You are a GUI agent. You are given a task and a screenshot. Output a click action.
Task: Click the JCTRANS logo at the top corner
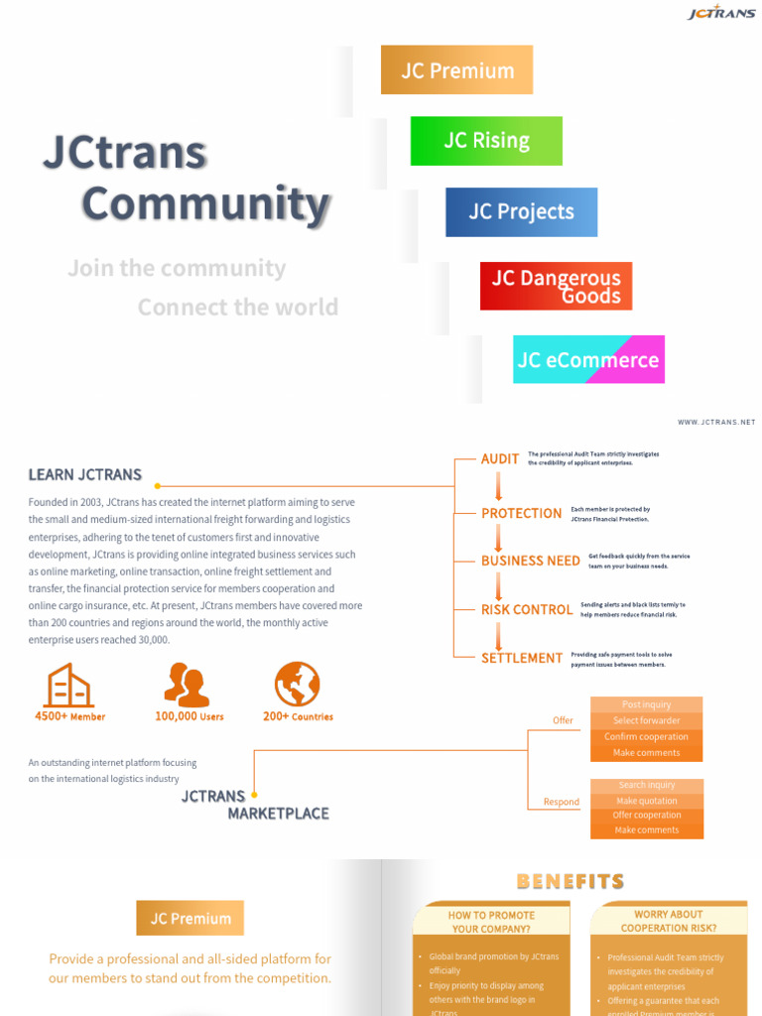(x=721, y=13)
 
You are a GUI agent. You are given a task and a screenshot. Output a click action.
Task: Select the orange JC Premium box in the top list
(x=456, y=70)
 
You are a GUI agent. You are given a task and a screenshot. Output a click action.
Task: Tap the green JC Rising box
(x=486, y=141)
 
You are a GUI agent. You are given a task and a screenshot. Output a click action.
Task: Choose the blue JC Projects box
(x=521, y=211)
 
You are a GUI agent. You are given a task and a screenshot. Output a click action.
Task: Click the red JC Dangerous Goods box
(x=556, y=287)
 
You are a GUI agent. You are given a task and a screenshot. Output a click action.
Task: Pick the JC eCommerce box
(x=588, y=360)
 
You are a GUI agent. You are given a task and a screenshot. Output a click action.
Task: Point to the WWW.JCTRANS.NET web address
(x=716, y=423)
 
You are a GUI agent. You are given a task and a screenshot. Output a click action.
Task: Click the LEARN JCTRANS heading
(x=85, y=475)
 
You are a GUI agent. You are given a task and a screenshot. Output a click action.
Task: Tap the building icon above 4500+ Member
(x=68, y=686)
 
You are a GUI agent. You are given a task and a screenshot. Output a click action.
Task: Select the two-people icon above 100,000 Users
(x=187, y=685)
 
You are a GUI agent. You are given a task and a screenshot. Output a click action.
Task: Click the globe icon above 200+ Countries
(x=297, y=684)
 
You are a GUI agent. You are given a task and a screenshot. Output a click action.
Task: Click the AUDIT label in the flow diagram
(x=500, y=459)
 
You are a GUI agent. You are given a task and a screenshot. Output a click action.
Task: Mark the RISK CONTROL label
(x=526, y=610)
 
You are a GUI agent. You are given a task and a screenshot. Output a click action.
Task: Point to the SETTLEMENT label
(x=522, y=659)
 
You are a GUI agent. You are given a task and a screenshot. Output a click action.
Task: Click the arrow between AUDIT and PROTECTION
(x=499, y=486)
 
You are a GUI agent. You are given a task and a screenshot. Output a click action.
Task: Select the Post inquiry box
(x=646, y=704)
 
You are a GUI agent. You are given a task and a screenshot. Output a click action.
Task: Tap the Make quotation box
(x=646, y=801)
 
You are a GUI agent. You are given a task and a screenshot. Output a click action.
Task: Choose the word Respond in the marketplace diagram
(x=562, y=802)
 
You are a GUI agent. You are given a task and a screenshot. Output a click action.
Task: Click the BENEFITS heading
(x=571, y=881)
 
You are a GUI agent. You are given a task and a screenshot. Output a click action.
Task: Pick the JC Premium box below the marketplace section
(x=190, y=919)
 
